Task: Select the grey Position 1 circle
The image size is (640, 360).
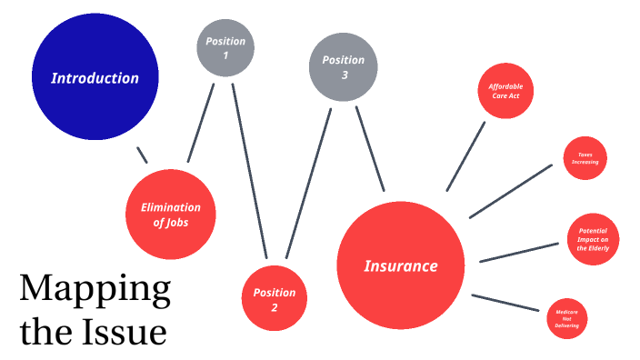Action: pos(225,48)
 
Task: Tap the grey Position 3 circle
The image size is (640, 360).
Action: pos(342,67)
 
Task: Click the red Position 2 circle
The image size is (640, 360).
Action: pos(274,299)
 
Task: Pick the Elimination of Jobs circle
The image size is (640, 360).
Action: pos(170,214)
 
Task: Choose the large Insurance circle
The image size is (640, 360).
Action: pos(400,265)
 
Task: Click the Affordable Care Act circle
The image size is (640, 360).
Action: pos(505,91)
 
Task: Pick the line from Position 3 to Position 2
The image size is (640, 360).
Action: pos(308,182)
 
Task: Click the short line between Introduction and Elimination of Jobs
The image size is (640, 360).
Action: pos(141,155)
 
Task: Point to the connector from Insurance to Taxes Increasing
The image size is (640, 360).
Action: pos(511,191)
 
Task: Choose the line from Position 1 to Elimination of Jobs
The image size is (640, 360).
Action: pos(201,123)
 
